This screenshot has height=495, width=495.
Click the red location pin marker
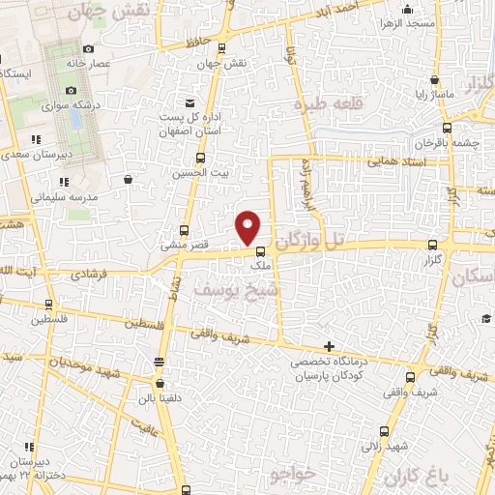[x=248, y=227]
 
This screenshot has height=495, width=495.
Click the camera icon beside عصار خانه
[x=89, y=48]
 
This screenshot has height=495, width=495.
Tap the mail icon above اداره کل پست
[x=189, y=102]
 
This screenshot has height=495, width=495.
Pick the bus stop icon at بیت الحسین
[x=200, y=158]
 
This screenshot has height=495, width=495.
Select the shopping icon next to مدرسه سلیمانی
[x=128, y=179]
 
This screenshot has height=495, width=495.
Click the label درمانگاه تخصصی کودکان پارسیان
[x=328, y=366]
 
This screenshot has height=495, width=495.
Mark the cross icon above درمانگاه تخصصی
[x=329, y=345]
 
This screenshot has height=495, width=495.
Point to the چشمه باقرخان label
[x=452, y=143]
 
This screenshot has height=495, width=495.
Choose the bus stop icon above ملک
[x=259, y=252]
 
